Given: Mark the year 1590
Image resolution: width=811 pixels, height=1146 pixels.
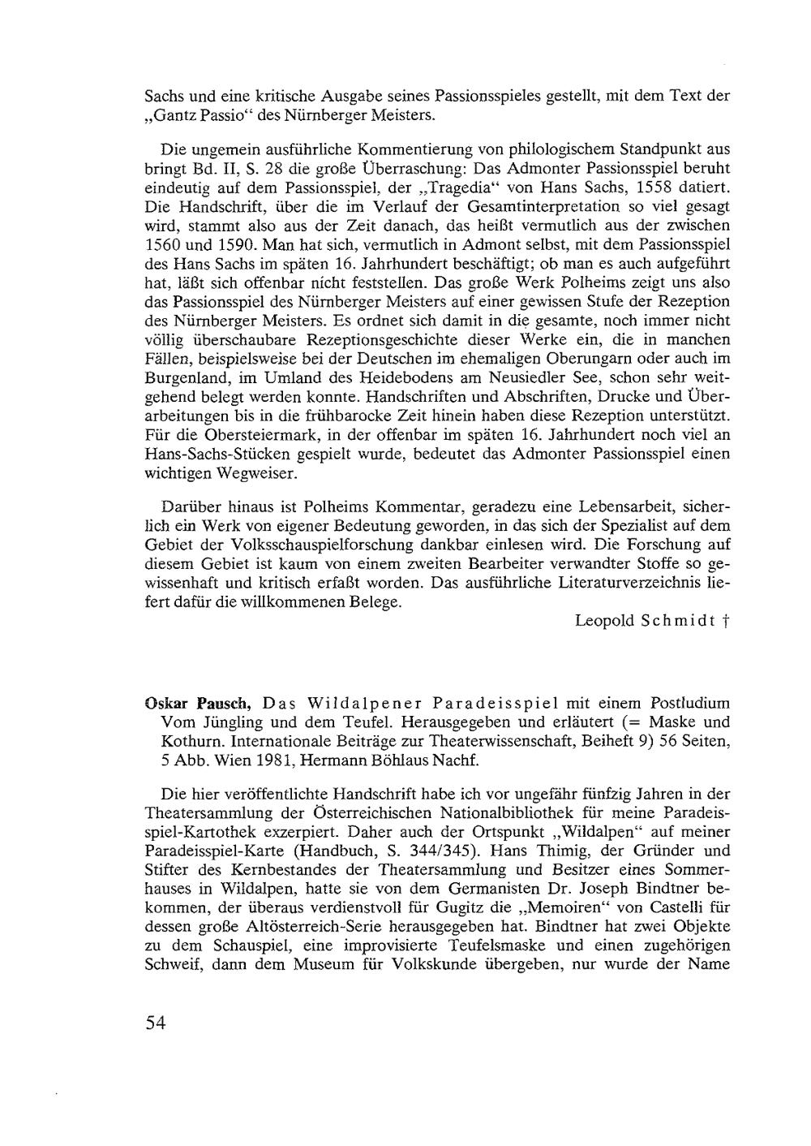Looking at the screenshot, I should pyautogui.click(x=245, y=244).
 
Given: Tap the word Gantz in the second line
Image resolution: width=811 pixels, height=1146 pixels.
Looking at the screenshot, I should pyautogui.click(x=168, y=114).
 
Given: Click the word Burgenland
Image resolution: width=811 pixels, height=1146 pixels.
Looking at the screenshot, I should pyautogui.click(x=179, y=377).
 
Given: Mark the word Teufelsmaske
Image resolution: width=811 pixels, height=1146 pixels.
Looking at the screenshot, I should pyautogui.click(x=459, y=946).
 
